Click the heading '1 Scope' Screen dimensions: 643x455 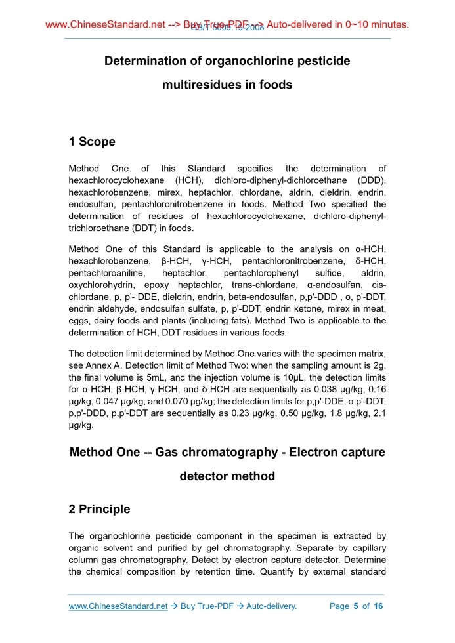(x=92, y=142)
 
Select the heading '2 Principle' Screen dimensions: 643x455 (x=100, y=509)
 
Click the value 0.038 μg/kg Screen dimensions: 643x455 (x=324, y=390)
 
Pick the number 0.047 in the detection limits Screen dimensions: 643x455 (x=109, y=402)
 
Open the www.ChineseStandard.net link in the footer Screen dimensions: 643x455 (x=118, y=606)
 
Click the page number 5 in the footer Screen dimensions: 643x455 (x=355, y=606)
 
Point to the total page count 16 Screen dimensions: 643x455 (x=378, y=606)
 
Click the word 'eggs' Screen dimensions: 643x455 (x=79, y=320)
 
